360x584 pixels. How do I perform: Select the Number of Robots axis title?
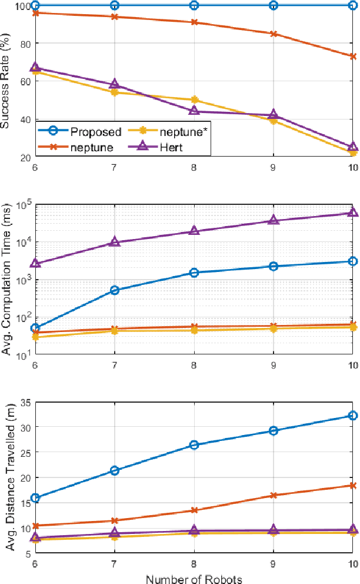point(194,578)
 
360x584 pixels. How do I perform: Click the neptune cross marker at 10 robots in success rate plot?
point(353,57)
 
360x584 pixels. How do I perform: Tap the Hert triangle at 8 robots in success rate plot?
point(194,111)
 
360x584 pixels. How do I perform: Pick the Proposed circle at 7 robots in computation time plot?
point(115,290)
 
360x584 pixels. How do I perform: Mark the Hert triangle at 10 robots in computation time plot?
point(353,213)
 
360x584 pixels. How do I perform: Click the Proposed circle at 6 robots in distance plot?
point(35,482)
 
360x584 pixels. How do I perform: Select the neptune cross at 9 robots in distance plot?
point(274,496)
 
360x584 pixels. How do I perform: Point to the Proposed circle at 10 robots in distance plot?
point(353,416)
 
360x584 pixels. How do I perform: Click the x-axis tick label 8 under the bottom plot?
point(194,564)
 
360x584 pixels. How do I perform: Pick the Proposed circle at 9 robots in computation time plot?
point(274,267)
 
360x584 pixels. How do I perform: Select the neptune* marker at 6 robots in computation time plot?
point(35,337)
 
